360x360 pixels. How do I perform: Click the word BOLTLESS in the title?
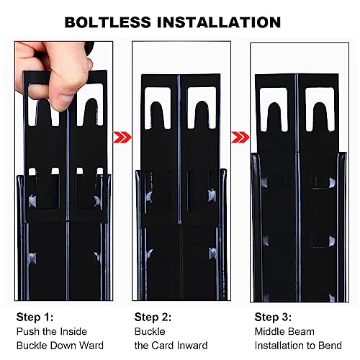[108, 22]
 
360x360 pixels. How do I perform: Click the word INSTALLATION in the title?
[219, 22]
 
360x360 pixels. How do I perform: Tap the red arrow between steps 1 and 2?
[122, 138]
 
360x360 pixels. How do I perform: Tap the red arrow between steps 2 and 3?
[240, 138]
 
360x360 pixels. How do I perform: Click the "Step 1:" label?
[35, 317]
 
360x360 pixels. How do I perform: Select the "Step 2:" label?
[153, 317]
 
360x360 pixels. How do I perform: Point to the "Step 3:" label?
[273, 317]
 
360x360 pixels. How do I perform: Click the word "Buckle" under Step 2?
[150, 331]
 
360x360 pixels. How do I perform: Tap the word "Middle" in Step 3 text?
[269, 331]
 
